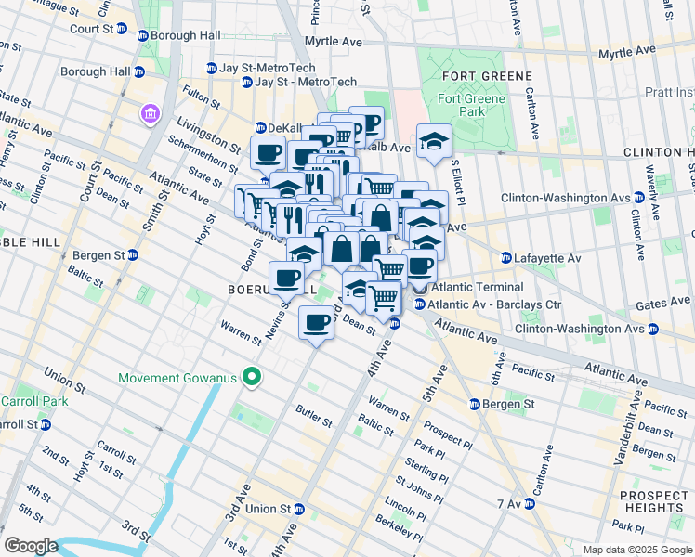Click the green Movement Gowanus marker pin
pyautogui.click(x=250, y=378)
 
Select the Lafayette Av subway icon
pyautogui.click(x=505, y=257)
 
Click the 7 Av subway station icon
pyautogui.click(x=530, y=503)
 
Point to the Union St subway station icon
pyautogui.click(x=299, y=509)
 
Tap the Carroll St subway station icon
pyautogui.click(x=45, y=424)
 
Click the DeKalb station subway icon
pyautogui.click(x=261, y=128)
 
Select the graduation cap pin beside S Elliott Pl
pyautogui.click(x=434, y=141)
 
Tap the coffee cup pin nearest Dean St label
pyautogui.click(x=316, y=323)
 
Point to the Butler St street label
pyautogui.click(x=314, y=416)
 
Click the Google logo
pyautogui.click(x=31, y=545)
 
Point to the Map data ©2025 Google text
pyautogui.click(x=636, y=550)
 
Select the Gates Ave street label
pyautogui.click(x=662, y=304)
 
